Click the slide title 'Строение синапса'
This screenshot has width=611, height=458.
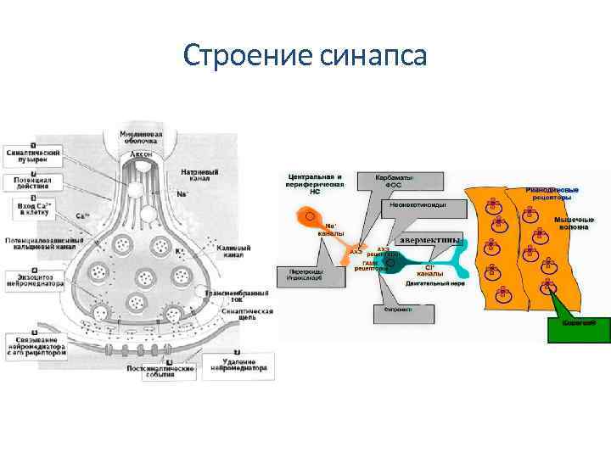coord(305,57)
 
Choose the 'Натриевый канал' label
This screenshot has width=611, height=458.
coord(199,176)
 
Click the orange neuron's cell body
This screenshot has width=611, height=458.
coord(306,218)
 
